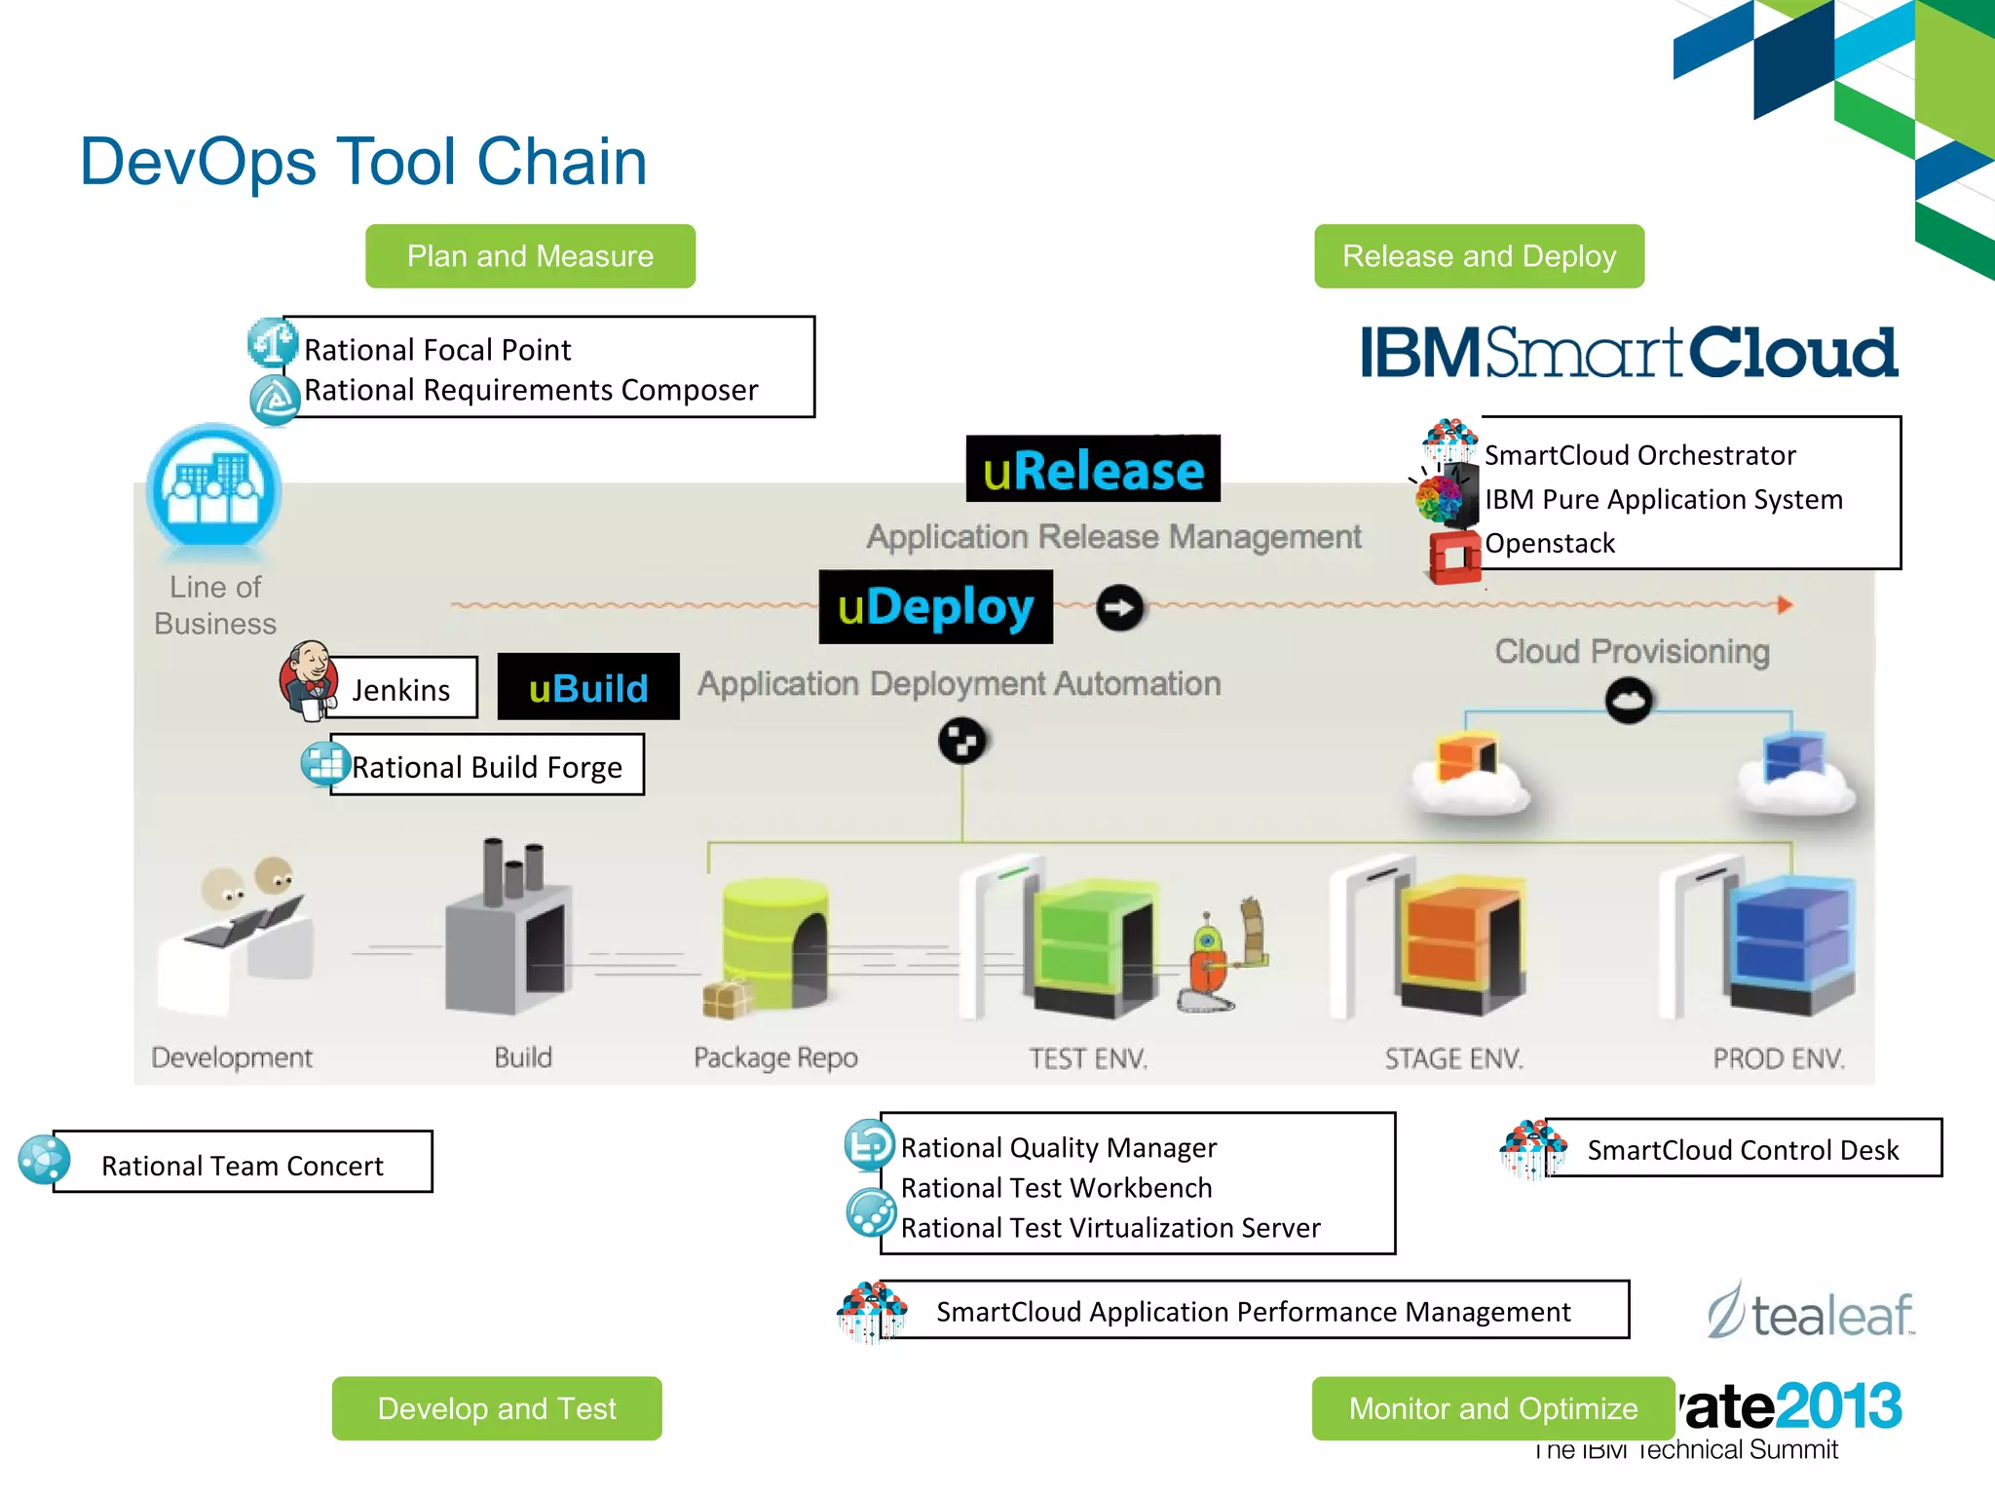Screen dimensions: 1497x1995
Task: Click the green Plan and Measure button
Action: click(x=530, y=256)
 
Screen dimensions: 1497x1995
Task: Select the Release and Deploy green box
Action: click(x=1479, y=256)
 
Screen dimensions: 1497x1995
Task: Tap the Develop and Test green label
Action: click(x=497, y=1408)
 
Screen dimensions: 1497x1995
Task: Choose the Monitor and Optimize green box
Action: click(x=1492, y=1408)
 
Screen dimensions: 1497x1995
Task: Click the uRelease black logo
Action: click(x=1093, y=470)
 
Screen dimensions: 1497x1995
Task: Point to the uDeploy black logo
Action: click(x=935, y=607)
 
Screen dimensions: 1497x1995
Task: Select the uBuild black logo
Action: click(x=588, y=687)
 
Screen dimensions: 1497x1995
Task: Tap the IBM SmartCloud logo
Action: click(x=1629, y=353)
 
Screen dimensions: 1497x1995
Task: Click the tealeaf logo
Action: click(x=1812, y=1313)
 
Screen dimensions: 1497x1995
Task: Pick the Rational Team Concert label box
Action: click(x=243, y=1163)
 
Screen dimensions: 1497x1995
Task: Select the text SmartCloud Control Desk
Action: click(x=1743, y=1150)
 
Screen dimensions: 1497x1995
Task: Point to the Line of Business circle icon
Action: click(x=214, y=487)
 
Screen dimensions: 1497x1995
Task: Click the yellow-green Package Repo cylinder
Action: click(x=774, y=940)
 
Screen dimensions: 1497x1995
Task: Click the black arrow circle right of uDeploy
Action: click(x=1120, y=608)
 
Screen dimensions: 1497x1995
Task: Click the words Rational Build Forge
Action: click(x=487, y=767)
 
